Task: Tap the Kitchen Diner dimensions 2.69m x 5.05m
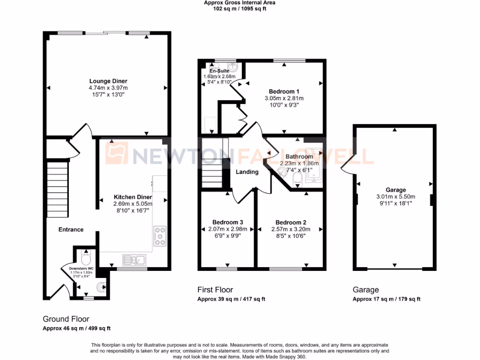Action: click(x=133, y=204)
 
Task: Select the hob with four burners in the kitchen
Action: click(x=159, y=236)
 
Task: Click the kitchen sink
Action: click(x=134, y=259)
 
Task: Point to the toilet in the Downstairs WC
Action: click(x=86, y=258)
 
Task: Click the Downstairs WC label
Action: click(x=78, y=269)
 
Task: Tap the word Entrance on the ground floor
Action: click(x=71, y=229)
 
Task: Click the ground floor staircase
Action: click(x=58, y=189)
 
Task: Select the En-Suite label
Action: click(x=219, y=71)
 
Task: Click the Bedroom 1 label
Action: click(x=284, y=91)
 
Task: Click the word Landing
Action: click(x=247, y=172)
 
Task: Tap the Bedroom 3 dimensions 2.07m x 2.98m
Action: click(x=227, y=229)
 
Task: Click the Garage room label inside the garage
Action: click(x=396, y=190)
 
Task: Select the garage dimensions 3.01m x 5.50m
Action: click(x=396, y=197)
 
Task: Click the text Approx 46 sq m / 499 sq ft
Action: click(x=76, y=328)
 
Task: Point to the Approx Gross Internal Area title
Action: click(x=240, y=3)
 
